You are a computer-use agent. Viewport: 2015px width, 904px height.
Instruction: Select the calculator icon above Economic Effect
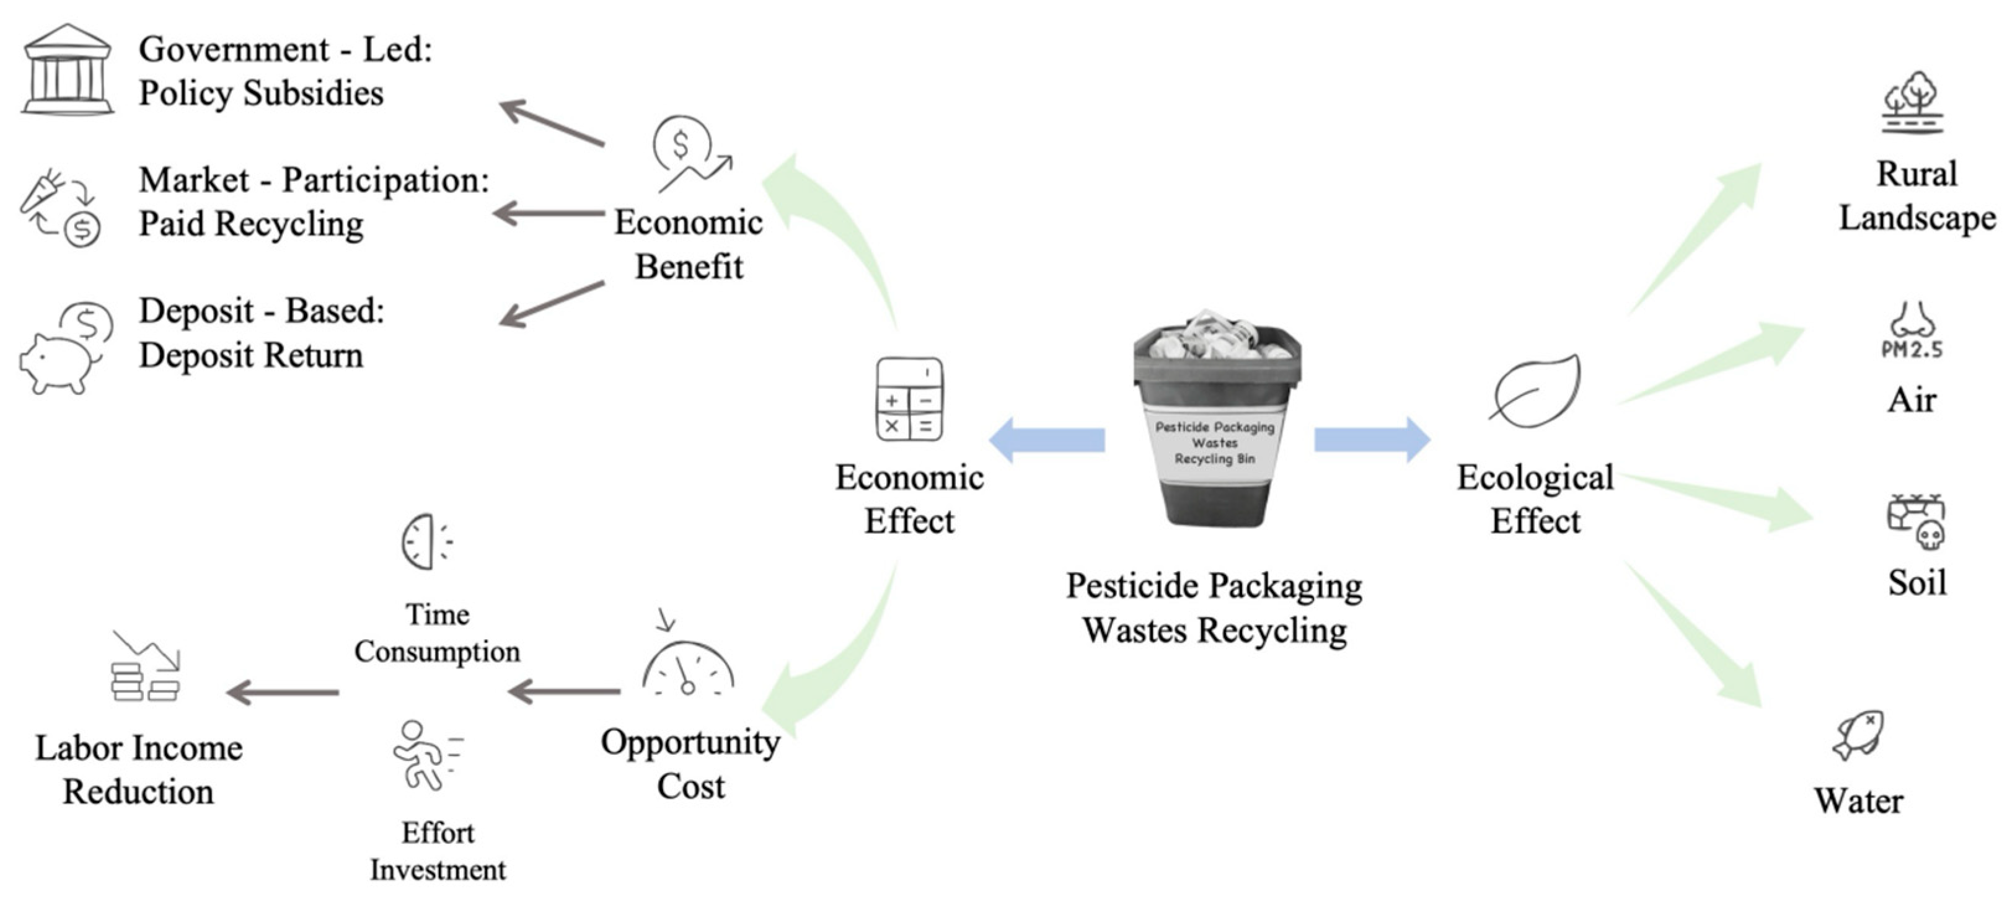click(909, 399)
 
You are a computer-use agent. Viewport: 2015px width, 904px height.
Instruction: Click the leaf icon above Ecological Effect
click(1535, 391)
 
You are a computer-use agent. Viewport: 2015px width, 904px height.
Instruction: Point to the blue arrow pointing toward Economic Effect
click(1048, 440)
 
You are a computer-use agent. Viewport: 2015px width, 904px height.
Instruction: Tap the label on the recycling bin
click(1215, 443)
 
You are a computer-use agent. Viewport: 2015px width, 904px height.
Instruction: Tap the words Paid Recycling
click(251, 224)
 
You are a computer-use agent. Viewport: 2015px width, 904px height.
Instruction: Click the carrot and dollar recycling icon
click(61, 208)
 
